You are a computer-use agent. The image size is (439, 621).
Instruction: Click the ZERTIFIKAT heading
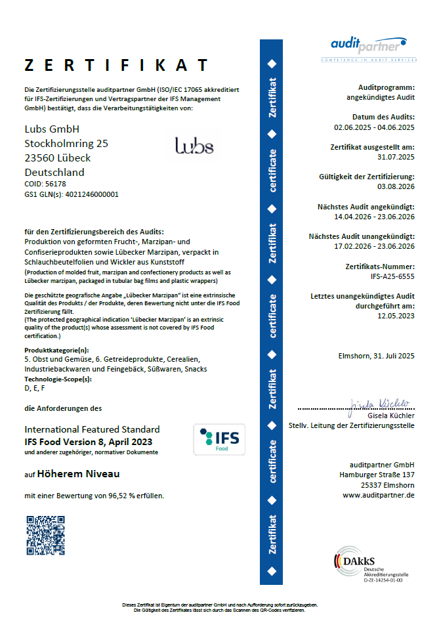click(x=116, y=65)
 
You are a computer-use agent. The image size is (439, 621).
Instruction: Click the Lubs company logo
click(x=194, y=145)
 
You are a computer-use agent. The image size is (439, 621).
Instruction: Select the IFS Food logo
click(x=219, y=439)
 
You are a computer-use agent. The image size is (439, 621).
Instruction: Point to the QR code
click(x=45, y=535)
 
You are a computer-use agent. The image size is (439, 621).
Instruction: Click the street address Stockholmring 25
click(x=66, y=143)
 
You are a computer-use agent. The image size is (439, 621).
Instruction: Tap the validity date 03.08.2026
click(x=396, y=187)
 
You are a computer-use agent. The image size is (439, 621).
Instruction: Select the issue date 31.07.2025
click(x=396, y=157)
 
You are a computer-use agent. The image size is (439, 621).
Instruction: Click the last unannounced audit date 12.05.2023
click(x=396, y=316)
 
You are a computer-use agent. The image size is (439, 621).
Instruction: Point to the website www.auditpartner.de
click(x=378, y=495)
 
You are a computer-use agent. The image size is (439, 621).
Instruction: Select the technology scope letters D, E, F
click(x=35, y=389)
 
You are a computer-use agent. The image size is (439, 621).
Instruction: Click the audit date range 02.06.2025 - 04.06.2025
click(x=374, y=127)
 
